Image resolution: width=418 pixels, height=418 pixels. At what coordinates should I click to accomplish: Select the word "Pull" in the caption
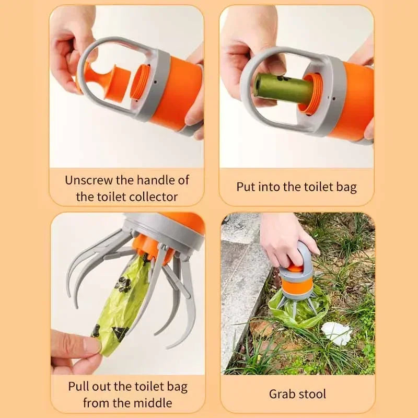pyautogui.click(x=78, y=387)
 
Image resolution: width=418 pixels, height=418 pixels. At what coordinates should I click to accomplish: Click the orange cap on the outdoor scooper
pyautogui.click(x=296, y=269)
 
